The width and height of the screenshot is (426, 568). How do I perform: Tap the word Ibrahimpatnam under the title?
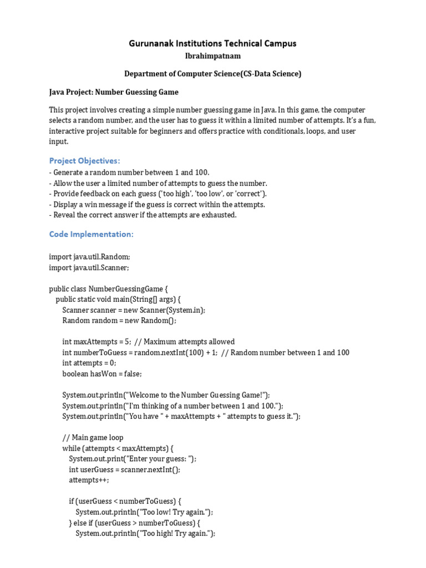click(212, 56)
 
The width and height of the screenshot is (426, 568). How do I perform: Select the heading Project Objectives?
click(84, 161)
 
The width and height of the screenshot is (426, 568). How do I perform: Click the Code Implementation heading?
click(92, 234)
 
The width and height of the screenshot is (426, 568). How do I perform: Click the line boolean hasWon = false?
click(102, 373)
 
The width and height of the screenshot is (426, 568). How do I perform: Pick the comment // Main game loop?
click(93, 437)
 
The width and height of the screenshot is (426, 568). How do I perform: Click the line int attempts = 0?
click(89, 363)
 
